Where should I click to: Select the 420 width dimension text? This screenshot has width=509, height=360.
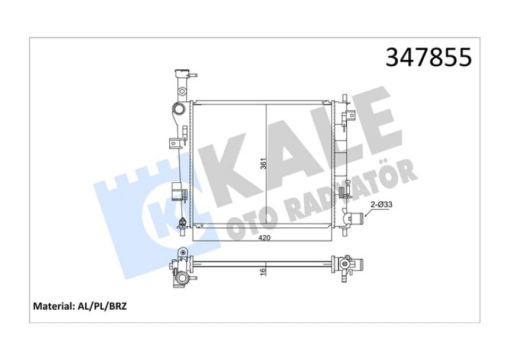click(x=265, y=238)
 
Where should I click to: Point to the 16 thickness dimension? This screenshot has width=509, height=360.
click(x=263, y=272)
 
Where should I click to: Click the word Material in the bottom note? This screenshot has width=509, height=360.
click(x=51, y=307)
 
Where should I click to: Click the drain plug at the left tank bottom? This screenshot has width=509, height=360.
click(x=182, y=224)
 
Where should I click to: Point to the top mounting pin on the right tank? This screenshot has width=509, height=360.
click(x=345, y=97)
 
